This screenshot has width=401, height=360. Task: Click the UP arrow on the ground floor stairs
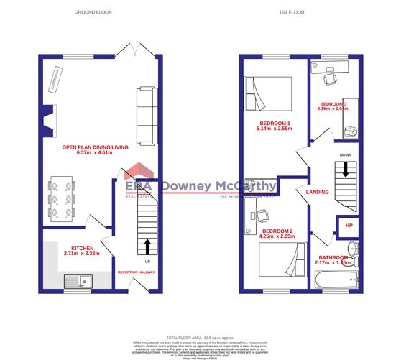[x=147, y=247]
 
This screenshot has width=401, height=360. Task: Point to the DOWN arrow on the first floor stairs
[x=346, y=170]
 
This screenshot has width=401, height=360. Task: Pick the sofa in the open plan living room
[x=146, y=115]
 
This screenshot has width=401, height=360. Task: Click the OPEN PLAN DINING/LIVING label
[x=95, y=147]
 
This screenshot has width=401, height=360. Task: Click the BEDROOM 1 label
[x=275, y=123]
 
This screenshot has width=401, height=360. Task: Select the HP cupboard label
[x=349, y=225]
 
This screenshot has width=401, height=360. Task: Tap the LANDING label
[x=318, y=192]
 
